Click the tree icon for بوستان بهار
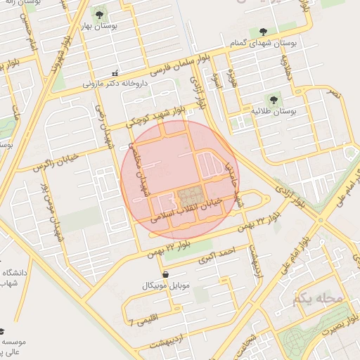(98, 13)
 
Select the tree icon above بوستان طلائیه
(272, 100)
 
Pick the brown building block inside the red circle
(188, 195)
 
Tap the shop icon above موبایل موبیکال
(165, 274)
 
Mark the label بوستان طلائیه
(274, 112)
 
